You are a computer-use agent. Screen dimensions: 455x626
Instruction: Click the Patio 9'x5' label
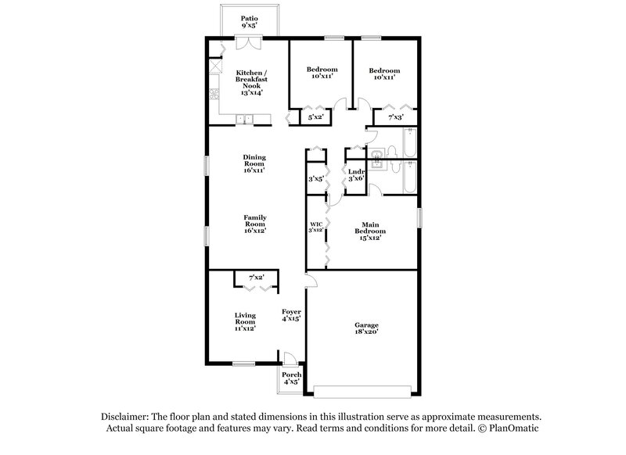[249, 21]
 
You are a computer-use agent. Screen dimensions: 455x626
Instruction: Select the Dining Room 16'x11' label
[254, 163]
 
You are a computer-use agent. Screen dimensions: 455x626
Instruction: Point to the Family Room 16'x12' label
[254, 223]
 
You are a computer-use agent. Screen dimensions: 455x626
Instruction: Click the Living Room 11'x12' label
[246, 321]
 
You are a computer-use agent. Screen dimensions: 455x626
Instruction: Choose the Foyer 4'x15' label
[291, 315]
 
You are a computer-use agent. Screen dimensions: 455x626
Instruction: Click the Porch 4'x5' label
[291, 378]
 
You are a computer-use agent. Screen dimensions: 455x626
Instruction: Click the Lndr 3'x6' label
[356, 175]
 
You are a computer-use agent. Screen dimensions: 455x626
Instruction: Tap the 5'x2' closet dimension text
[316, 117]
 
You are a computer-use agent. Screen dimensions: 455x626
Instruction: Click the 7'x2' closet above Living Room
[256, 278]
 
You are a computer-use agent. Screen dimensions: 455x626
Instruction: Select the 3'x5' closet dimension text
[316, 179]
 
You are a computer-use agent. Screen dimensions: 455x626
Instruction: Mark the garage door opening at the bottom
[362, 389]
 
